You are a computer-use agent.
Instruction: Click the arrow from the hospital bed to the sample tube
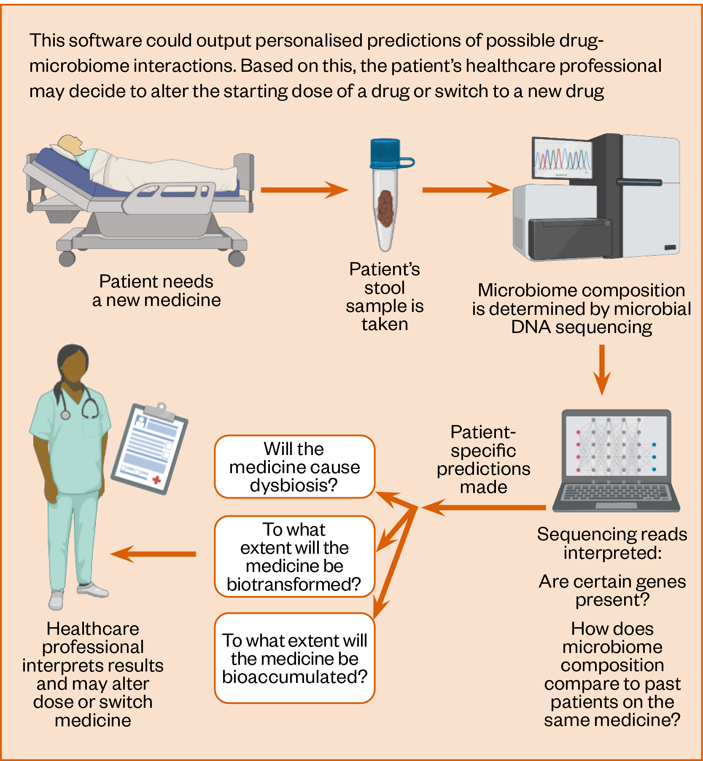pos(304,190)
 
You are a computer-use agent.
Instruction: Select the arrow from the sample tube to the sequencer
pos(466,190)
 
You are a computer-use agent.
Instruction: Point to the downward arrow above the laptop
pos(602,369)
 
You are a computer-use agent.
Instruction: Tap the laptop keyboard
pos(615,493)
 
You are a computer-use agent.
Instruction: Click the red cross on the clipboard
pos(156,480)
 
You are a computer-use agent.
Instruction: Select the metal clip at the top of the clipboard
pos(159,410)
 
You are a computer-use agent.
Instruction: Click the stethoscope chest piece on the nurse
pos(65,415)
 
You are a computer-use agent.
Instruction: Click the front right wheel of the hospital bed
pos(236,258)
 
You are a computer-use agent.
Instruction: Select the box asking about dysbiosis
pos(294,467)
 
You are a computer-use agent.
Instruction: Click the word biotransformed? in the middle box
pos(294,585)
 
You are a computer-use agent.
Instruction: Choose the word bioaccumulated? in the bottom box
pos(295,677)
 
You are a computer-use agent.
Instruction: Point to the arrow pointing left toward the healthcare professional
pos(154,554)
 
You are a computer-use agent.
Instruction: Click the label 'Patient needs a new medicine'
pos(156,290)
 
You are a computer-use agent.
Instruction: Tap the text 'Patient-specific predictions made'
pos(483,459)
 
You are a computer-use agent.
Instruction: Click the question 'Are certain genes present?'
pos(612,590)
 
